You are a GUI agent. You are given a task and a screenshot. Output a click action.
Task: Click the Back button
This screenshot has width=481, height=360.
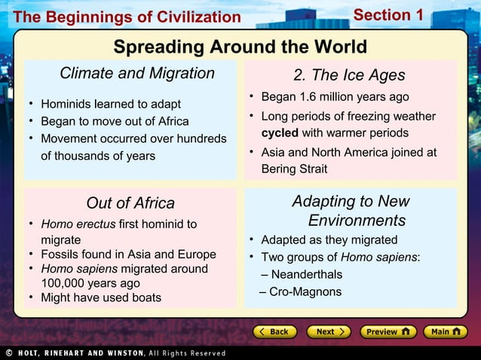[x=273, y=331]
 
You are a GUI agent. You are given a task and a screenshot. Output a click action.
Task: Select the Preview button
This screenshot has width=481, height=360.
[x=386, y=331]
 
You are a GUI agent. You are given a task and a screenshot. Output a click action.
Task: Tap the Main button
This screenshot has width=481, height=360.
[x=444, y=331]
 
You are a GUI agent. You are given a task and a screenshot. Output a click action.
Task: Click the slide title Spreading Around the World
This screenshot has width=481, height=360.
[x=240, y=47]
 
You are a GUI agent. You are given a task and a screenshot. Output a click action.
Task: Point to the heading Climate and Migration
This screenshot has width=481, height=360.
[x=137, y=73]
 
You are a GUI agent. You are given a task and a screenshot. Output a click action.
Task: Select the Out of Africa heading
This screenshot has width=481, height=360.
[x=130, y=203]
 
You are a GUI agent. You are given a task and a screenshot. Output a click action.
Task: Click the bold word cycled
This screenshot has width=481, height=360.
[x=280, y=133]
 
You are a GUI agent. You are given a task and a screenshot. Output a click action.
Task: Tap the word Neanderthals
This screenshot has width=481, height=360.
[x=306, y=274]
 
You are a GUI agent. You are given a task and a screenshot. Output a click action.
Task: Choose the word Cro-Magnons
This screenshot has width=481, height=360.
[x=305, y=292]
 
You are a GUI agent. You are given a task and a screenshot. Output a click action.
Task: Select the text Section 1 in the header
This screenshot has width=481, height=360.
[x=388, y=15]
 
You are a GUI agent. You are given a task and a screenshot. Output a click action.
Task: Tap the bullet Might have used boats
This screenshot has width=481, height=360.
[x=101, y=297]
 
